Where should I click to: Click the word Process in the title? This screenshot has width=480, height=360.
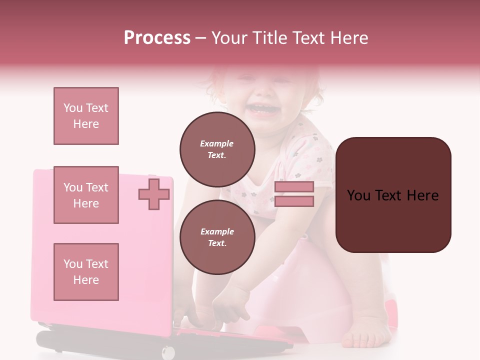pyautogui.click(x=157, y=38)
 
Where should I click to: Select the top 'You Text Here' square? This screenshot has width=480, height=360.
pyautogui.click(x=86, y=116)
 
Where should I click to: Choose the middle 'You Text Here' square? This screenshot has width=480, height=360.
pyautogui.click(x=86, y=195)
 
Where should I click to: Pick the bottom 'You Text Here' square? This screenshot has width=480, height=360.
pyautogui.click(x=86, y=271)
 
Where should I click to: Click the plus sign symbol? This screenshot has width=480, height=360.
pyautogui.click(x=153, y=194)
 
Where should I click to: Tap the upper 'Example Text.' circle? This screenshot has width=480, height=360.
pyautogui.click(x=217, y=149)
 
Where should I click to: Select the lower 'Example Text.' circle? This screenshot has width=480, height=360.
pyautogui.click(x=217, y=237)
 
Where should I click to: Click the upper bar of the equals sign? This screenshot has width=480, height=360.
pyautogui.click(x=294, y=187)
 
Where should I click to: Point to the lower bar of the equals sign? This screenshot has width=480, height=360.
pyautogui.click(x=294, y=201)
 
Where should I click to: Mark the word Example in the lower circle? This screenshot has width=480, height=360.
pyautogui.click(x=217, y=231)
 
